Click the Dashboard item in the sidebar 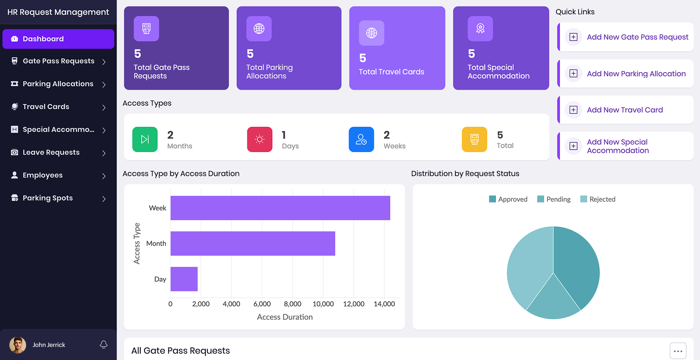pyautogui.click(x=58, y=39)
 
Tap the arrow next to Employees pyautogui.click(x=103, y=176)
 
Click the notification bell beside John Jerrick pyautogui.click(x=103, y=345)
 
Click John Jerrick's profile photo pyautogui.click(x=18, y=345)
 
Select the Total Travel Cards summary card pyautogui.click(x=397, y=48)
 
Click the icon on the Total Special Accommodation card pyautogui.click(x=480, y=29)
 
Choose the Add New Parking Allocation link pyautogui.click(x=636, y=74)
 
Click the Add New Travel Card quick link pyautogui.click(x=625, y=110)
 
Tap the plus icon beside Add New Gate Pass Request pyautogui.click(x=574, y=37)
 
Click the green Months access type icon pyautogui.click(x=145, y=139)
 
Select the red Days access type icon pyautogui.click(x=260, y=139)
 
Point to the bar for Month pyautogui.click(x=253, y=243)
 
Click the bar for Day pyautogui.click(x=184, y=279)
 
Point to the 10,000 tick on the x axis pyautogui.click(x=323, y=304)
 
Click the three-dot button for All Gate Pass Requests pyautogui.click(x=678, y=351)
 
